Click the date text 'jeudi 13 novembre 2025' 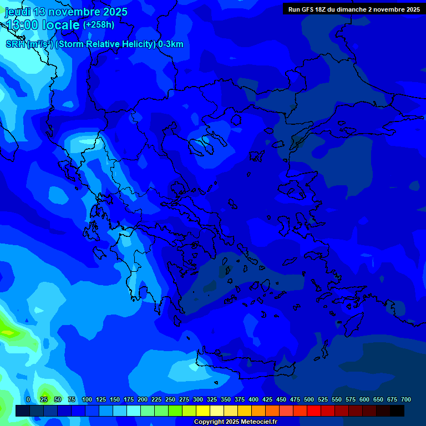pyautogui.click(x=66, y=12)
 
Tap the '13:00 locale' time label pyautogui.click(x=43, y=25)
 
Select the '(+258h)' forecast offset pyautogui.click(x=99, y=24)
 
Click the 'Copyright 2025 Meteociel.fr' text pyautogui.click(x=235, y=422)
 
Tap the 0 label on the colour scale pyautogui.click(x=28, y=399)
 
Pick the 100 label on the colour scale pyautogui.click(x=87, y=399)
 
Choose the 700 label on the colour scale pyautogui.click(x=406, y=399)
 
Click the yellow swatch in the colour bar pyautogui.click(x=203, y=410)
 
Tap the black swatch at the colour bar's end pyautogui.click(x=397, y=410)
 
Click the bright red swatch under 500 pyautogui.click(x=314, y=410)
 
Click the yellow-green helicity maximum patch pyautogui.click(x=8, y=332)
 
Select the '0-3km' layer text pyautogui.click(x=170, y=44)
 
